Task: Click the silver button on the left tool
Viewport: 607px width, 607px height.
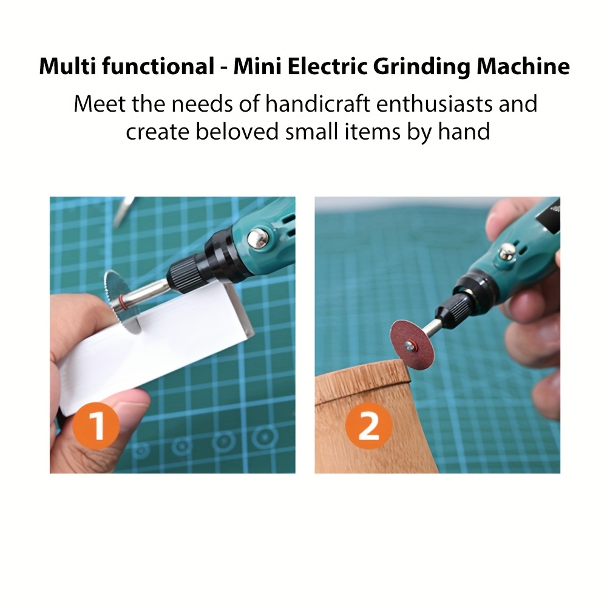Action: pyautogui.click(x=259, y=238)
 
